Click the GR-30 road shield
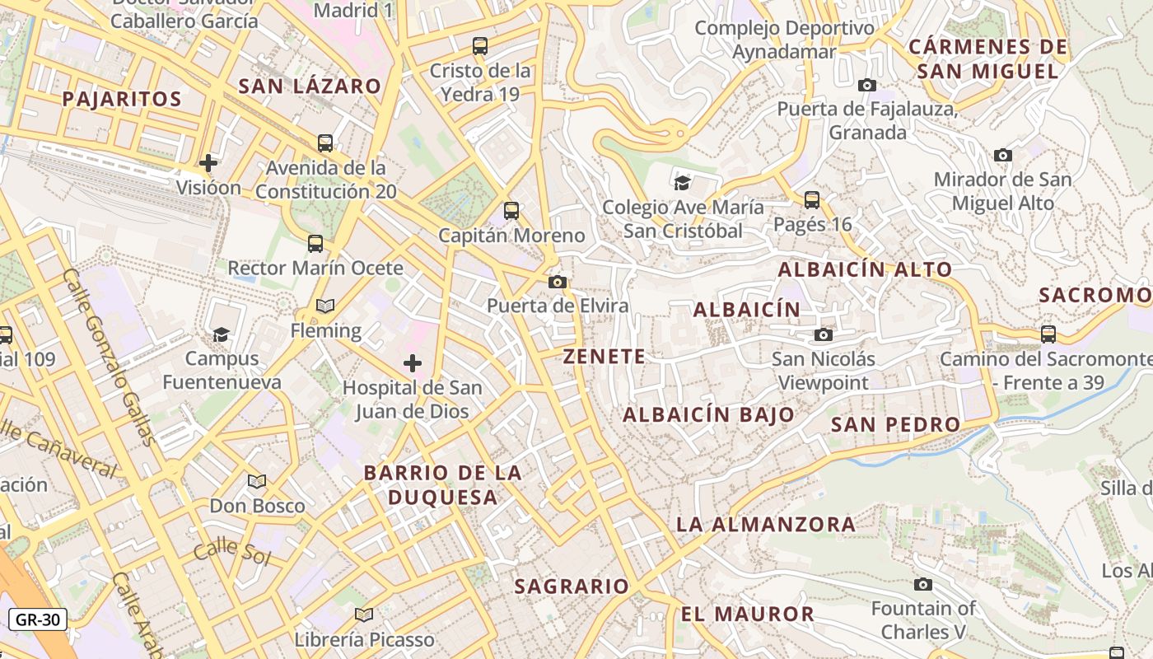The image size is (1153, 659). click(x=38, y=619)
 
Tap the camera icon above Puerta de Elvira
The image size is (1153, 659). click(x=558, y=283)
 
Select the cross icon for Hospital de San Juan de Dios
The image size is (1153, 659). click(x=413, y=362)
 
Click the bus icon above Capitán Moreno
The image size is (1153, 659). click(x=511, y=211)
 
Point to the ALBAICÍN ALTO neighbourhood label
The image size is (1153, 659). click(x=865, y=269)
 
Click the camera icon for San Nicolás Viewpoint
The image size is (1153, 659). click(x=823, y=334)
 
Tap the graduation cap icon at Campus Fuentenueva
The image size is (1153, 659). click(x=221, y=334)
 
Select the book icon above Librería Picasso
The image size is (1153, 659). click(x=364, y=615)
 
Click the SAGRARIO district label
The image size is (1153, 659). click(x=572, y=587)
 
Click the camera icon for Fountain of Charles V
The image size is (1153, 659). click(x=923, y=584)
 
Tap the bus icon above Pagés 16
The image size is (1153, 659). click(x=812, y=199)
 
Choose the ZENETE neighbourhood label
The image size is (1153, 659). click(x=605, y=357)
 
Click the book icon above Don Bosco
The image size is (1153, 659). click(x=257, y=481)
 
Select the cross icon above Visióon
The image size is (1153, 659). click(x=208, y=162)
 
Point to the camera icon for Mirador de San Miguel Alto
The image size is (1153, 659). click(x=1002, y=155)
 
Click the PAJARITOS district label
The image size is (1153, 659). click(x=122, y=99)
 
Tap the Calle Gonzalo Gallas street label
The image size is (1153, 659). click(x=108, y=356)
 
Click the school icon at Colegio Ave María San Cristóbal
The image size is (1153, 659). click(x=682, y=182)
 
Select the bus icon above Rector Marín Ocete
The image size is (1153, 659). click(x=315, y=243)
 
